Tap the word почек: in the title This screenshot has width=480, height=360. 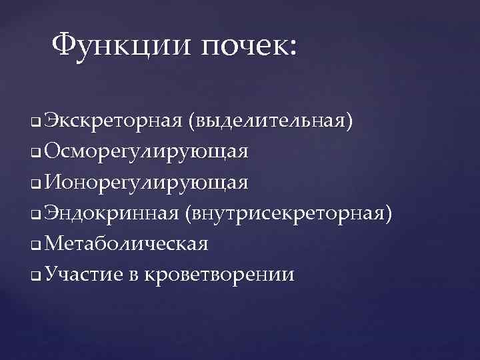[251, 47]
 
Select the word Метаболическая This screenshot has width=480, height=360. [127, 243]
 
